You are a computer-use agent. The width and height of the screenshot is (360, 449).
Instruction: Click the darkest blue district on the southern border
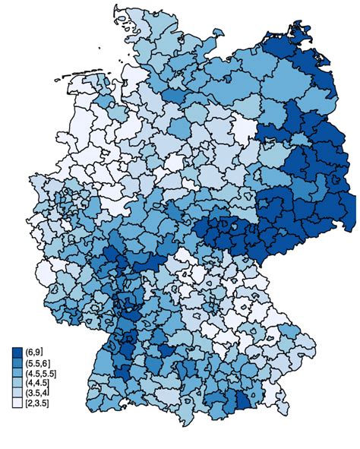point(242,403)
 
